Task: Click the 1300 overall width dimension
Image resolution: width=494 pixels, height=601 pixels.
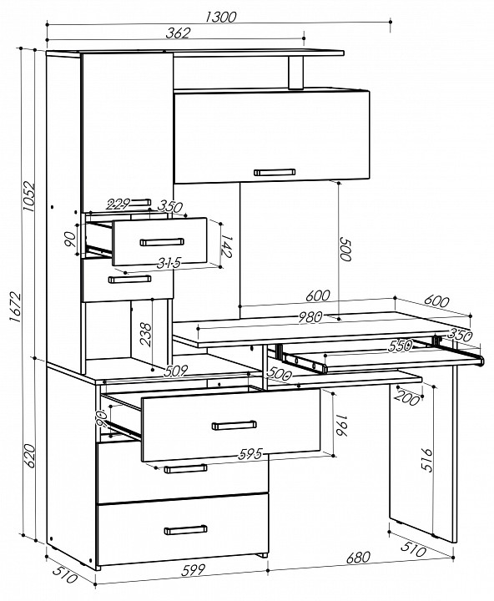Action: pos(221,17)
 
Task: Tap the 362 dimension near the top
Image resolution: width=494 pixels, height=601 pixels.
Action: pos(178,33)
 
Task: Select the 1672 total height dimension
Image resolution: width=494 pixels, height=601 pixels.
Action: pos(14,306)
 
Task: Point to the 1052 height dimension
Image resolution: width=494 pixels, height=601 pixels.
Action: pos(29,196)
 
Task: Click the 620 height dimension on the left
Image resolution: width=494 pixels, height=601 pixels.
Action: pos(29,456)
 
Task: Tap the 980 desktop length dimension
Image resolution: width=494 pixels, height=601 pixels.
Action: pos(310,317)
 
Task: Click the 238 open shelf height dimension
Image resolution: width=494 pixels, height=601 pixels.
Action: pos(146,334)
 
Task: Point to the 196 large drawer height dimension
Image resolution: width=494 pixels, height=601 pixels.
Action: pos(341,425)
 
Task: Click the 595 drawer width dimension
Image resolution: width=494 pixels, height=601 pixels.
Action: pos(250,454)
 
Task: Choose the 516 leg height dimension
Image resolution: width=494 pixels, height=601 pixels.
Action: pos(426,460)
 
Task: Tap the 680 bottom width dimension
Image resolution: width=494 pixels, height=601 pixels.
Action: pos(358,558)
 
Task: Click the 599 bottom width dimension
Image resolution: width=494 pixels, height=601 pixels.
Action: pos(193,570)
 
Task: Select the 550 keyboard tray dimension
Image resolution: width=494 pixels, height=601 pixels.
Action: pos(400,346)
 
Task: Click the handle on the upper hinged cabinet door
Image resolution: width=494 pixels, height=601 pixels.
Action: pos(275,172)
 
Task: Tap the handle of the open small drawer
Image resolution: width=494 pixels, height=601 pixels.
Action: pos(162,242)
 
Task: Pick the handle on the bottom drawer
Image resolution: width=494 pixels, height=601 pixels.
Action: pos(186,530)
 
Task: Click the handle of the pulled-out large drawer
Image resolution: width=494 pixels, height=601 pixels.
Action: pos(234,425)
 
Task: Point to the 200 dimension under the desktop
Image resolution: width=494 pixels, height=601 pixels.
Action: pos(407,398)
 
